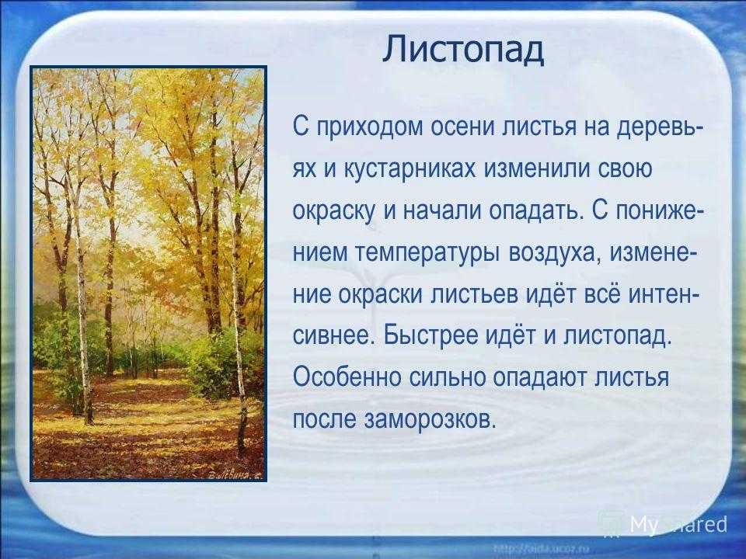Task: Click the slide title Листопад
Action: pyautogui.click(x=463, y=50)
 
